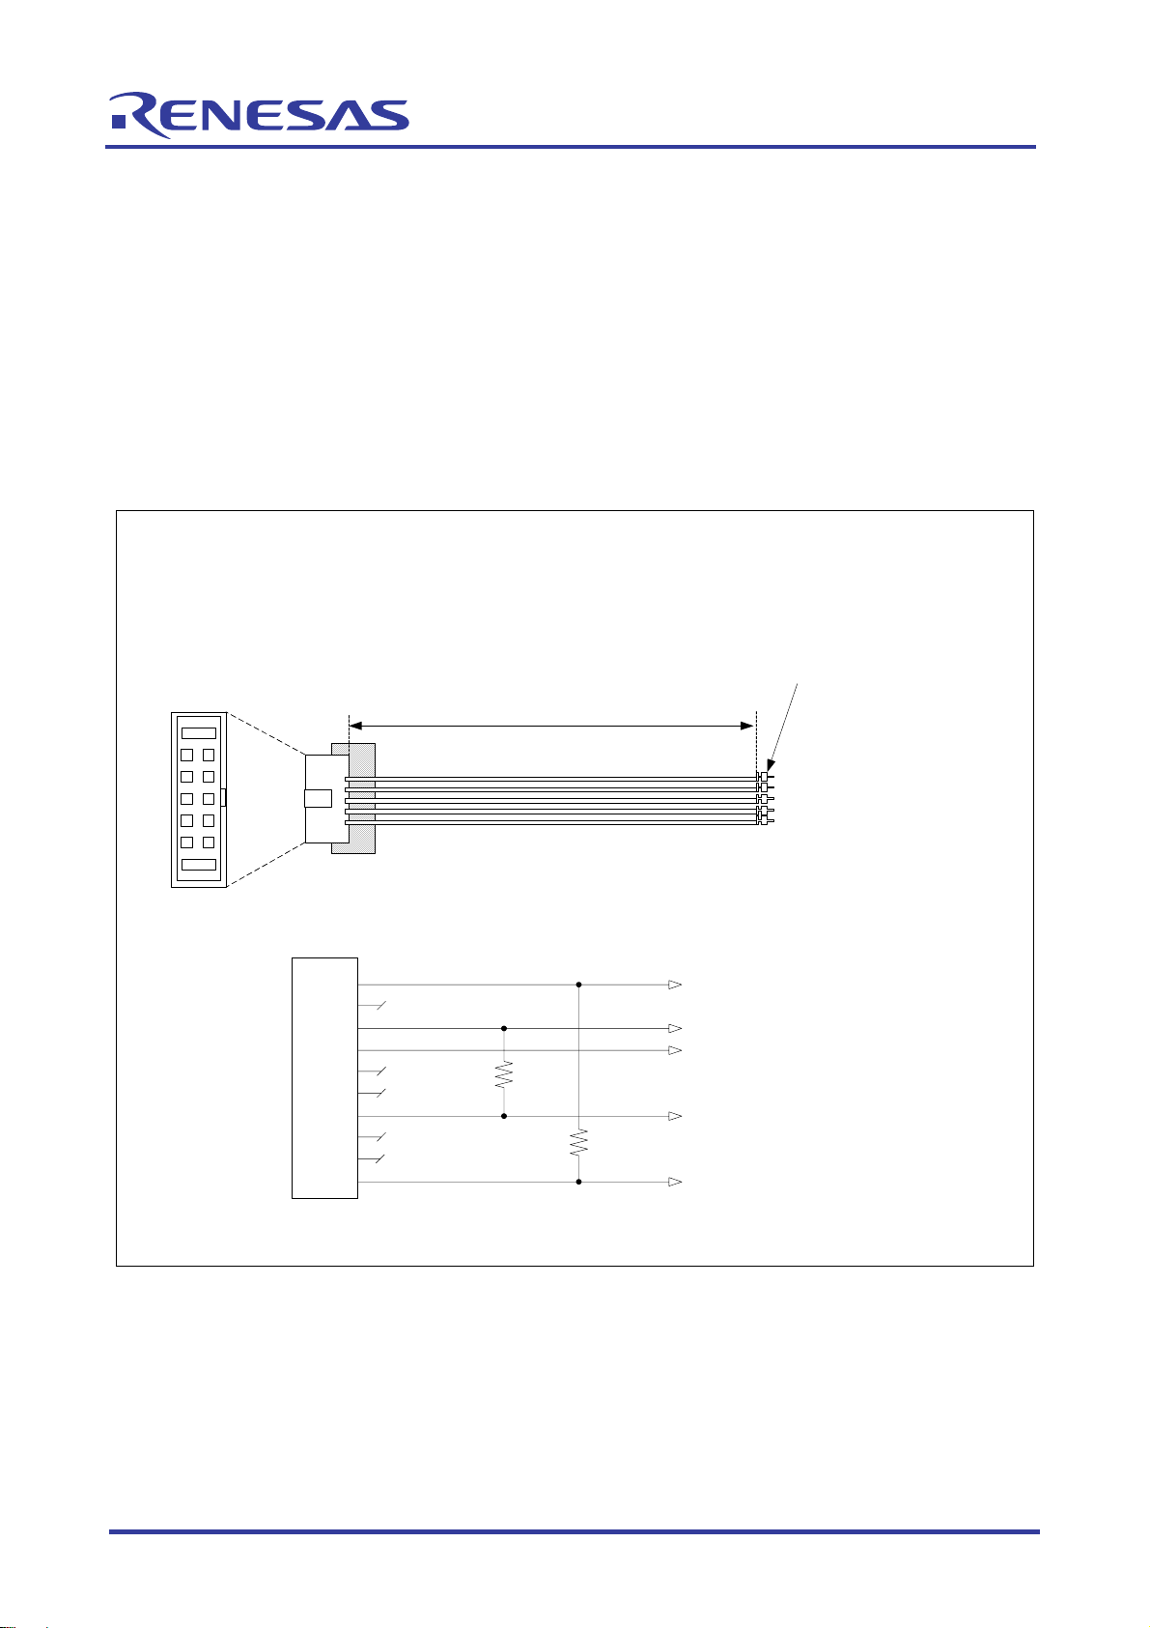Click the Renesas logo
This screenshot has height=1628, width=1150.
click(x=260, y=115)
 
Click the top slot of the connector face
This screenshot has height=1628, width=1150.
click(x=199, y=733)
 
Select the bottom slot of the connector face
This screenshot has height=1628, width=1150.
click(x=199, y=864)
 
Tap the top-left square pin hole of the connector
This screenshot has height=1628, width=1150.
click(x=186, y=756)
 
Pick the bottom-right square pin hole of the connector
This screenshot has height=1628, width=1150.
click(x=209, y=843)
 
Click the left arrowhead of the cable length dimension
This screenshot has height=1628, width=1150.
click(x=355, y=726)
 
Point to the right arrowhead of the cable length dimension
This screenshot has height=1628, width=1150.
click(x=746, y=726)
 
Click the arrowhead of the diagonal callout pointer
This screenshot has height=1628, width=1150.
click(x=771, y=765)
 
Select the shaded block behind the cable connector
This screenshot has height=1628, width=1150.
click(x=353, y=798)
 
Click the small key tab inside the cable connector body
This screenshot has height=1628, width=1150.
click(x=319, y=799)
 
